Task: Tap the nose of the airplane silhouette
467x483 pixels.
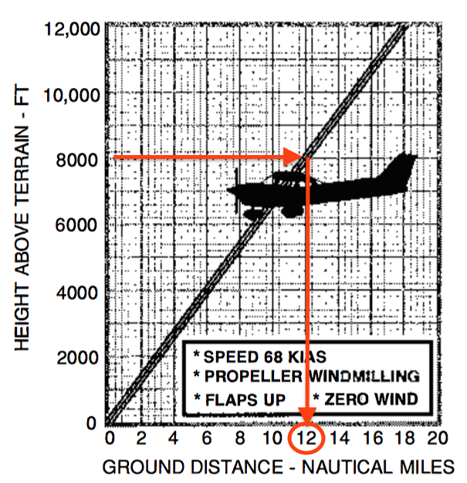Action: click(x=232, y=190)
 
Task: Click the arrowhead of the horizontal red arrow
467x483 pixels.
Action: click(x=295, y=158)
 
